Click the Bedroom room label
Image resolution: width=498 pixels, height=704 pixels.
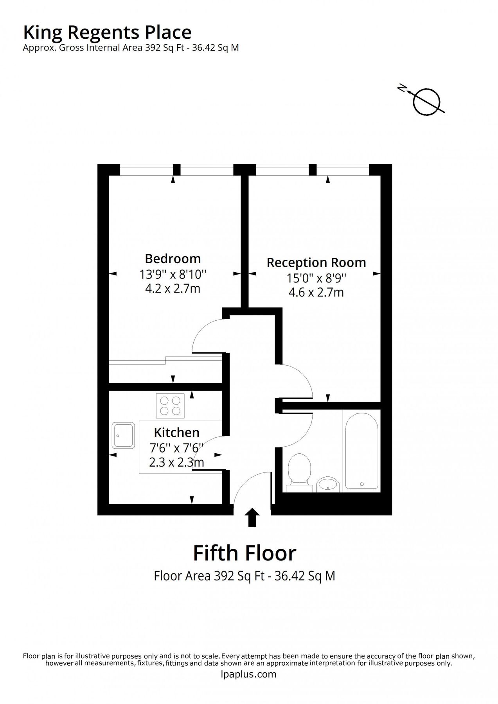[173, 259]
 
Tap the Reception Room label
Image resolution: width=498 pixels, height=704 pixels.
[316, 262]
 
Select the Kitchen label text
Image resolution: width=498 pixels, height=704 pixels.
[176, 432]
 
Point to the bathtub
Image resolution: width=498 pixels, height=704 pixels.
[361, 450]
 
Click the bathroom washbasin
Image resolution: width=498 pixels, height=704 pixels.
[328, 484]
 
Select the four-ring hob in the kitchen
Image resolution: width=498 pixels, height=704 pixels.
[170, 405]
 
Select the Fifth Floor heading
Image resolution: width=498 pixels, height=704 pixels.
[245, 553]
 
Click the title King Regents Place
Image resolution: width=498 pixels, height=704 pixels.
[107, 32]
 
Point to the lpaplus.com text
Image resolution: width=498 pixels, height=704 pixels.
[248, 674]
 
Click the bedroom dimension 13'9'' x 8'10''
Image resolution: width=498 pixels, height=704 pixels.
[173, 274]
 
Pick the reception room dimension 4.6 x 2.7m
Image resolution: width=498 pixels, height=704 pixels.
[316, 292]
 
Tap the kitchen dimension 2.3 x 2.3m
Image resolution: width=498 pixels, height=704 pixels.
[176, 462]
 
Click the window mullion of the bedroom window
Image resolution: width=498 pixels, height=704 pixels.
[176, 169]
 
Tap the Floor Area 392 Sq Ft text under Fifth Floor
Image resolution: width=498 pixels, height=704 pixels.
[245, 576]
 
